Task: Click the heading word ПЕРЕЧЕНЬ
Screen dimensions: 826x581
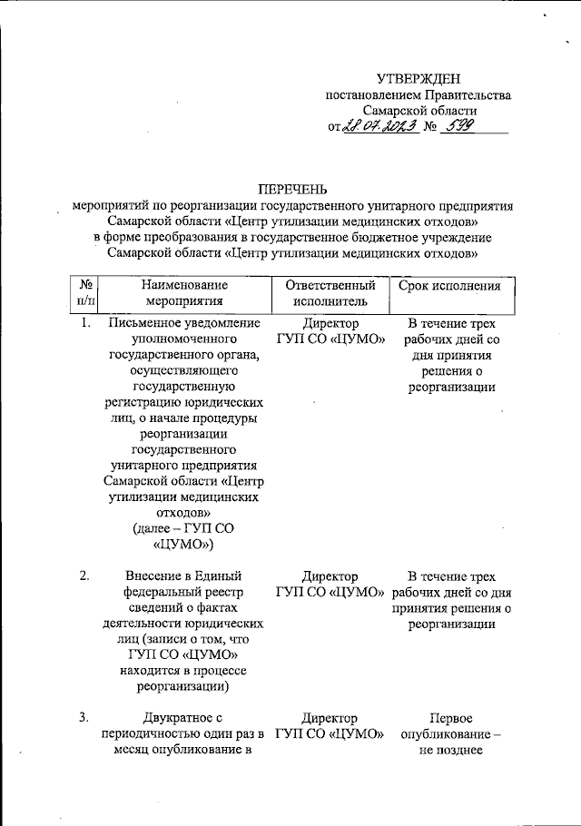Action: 291,189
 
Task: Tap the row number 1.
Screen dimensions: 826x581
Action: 84,323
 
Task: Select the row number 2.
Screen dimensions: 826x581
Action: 84,576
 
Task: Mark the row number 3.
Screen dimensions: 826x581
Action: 84,718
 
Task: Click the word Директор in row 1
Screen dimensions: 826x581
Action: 330,323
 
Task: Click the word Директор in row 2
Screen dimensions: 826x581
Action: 330,576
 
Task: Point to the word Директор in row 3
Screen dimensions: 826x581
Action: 330,718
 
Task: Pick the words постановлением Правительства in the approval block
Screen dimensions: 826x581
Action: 419,96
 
